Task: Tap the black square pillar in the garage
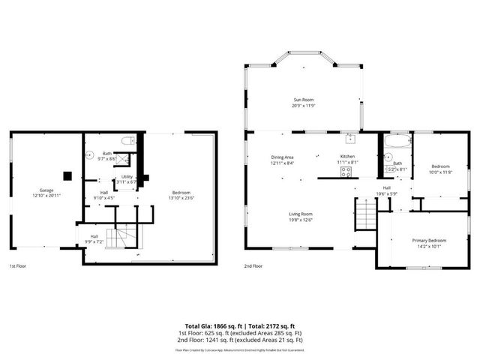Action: (x=67, y=176)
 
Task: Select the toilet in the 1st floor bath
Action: (x=128, y=140)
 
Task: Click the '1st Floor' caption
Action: (x=20, y=266)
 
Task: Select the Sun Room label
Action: (x=303, y=100)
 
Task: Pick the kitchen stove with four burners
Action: (x=346, y=171)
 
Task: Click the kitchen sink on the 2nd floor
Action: (x=349, y=139)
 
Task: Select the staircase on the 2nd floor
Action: (x=364, y=215)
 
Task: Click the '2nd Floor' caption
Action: (x=253, y=266)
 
